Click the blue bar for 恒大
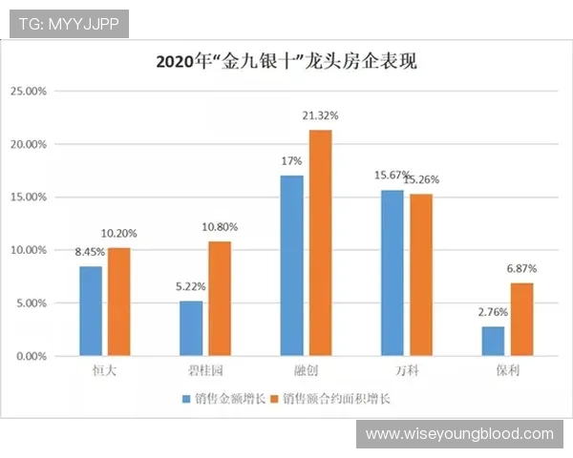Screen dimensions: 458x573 pyautogui.click(x=91, y=311)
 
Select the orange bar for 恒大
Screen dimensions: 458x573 pyautogui.click(x=118, y=302)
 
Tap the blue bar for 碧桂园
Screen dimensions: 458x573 pyautogui.click(x=191, y=328)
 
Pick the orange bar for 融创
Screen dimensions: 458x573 pyautogui.click(x=320, y=242)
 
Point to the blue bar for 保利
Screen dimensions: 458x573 pyautogui.click(x=493, y=341)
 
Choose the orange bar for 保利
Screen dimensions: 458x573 pyautogui.click(x=521, y=319)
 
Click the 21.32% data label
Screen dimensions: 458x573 pyautogui.click(x=320, y=115)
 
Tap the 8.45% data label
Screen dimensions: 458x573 pyautogui.click(x=91, y=254)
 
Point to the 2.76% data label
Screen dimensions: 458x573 pyautogui.click(x=493, y=312)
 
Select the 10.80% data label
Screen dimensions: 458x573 pyautogui.click(x=219, y=228)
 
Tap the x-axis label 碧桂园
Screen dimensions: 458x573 pyautogui.click(x=204, y=368)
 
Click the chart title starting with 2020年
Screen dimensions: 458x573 pyautogui.click(x=286, y=62)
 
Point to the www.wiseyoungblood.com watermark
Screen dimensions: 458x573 pyautogui.click(x=459, y=434)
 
